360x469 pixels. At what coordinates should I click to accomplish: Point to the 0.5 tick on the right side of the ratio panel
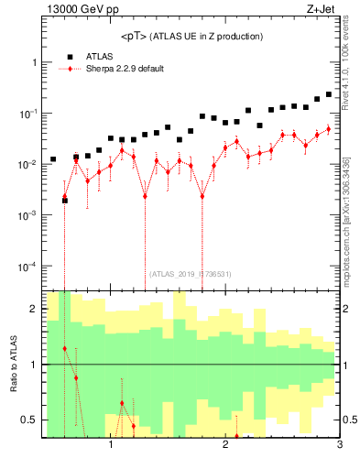(x=349, y=420)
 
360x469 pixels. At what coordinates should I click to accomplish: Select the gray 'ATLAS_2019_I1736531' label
(x=191, y=274)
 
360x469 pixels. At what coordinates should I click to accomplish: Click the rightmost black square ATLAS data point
(x=329, y=93)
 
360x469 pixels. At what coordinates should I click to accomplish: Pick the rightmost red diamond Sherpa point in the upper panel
(x=329, y=129)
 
